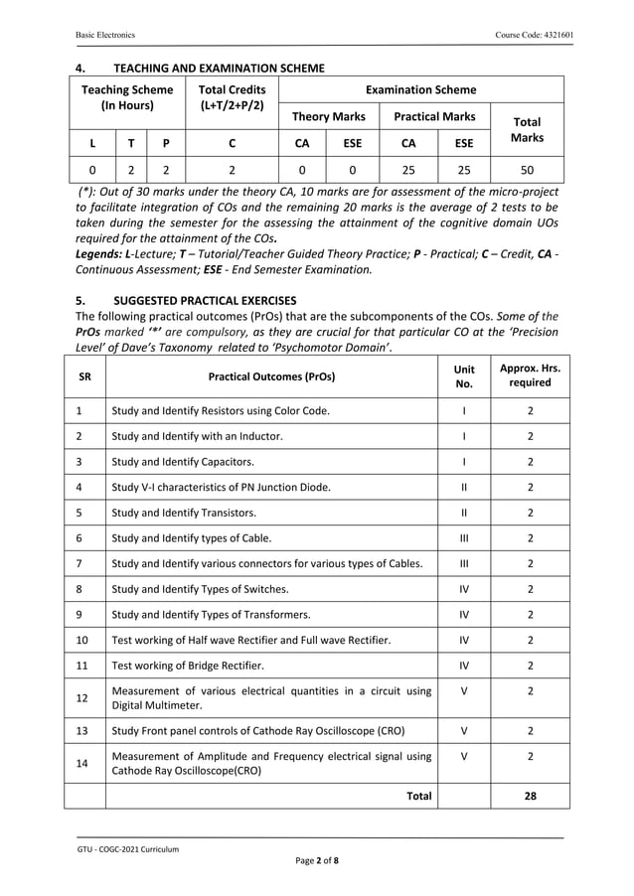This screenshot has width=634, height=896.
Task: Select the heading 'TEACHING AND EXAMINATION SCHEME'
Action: [219, 68]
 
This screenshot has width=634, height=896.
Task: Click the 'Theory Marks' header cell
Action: [329, 116]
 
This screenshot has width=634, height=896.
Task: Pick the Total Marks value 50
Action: [527, 170]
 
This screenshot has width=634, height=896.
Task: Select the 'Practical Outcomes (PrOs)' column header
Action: [271, 376]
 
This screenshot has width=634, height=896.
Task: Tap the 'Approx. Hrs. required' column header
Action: [530, 375]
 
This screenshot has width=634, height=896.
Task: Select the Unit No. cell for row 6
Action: [464, 538]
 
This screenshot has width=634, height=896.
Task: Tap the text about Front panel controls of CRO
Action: [258, 730]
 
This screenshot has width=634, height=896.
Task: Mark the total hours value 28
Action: [530, 796]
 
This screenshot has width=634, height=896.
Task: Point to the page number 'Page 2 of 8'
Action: [316, 860]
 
